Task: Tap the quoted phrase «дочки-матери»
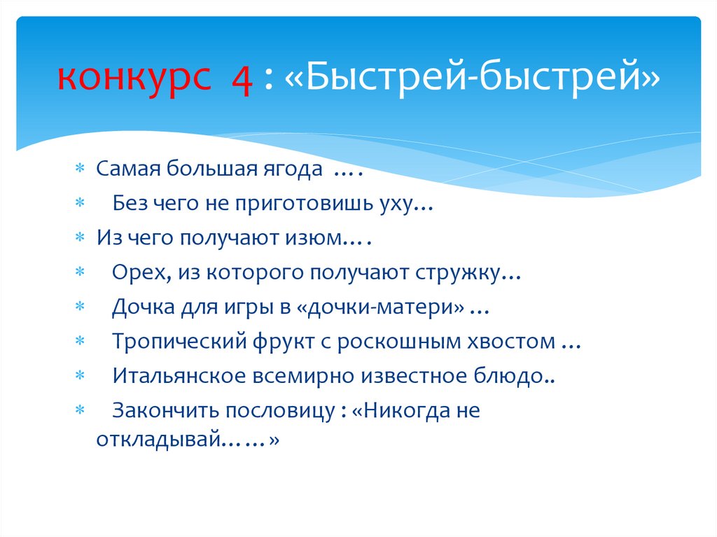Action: (407, 307)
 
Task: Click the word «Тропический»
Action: (175, 342)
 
